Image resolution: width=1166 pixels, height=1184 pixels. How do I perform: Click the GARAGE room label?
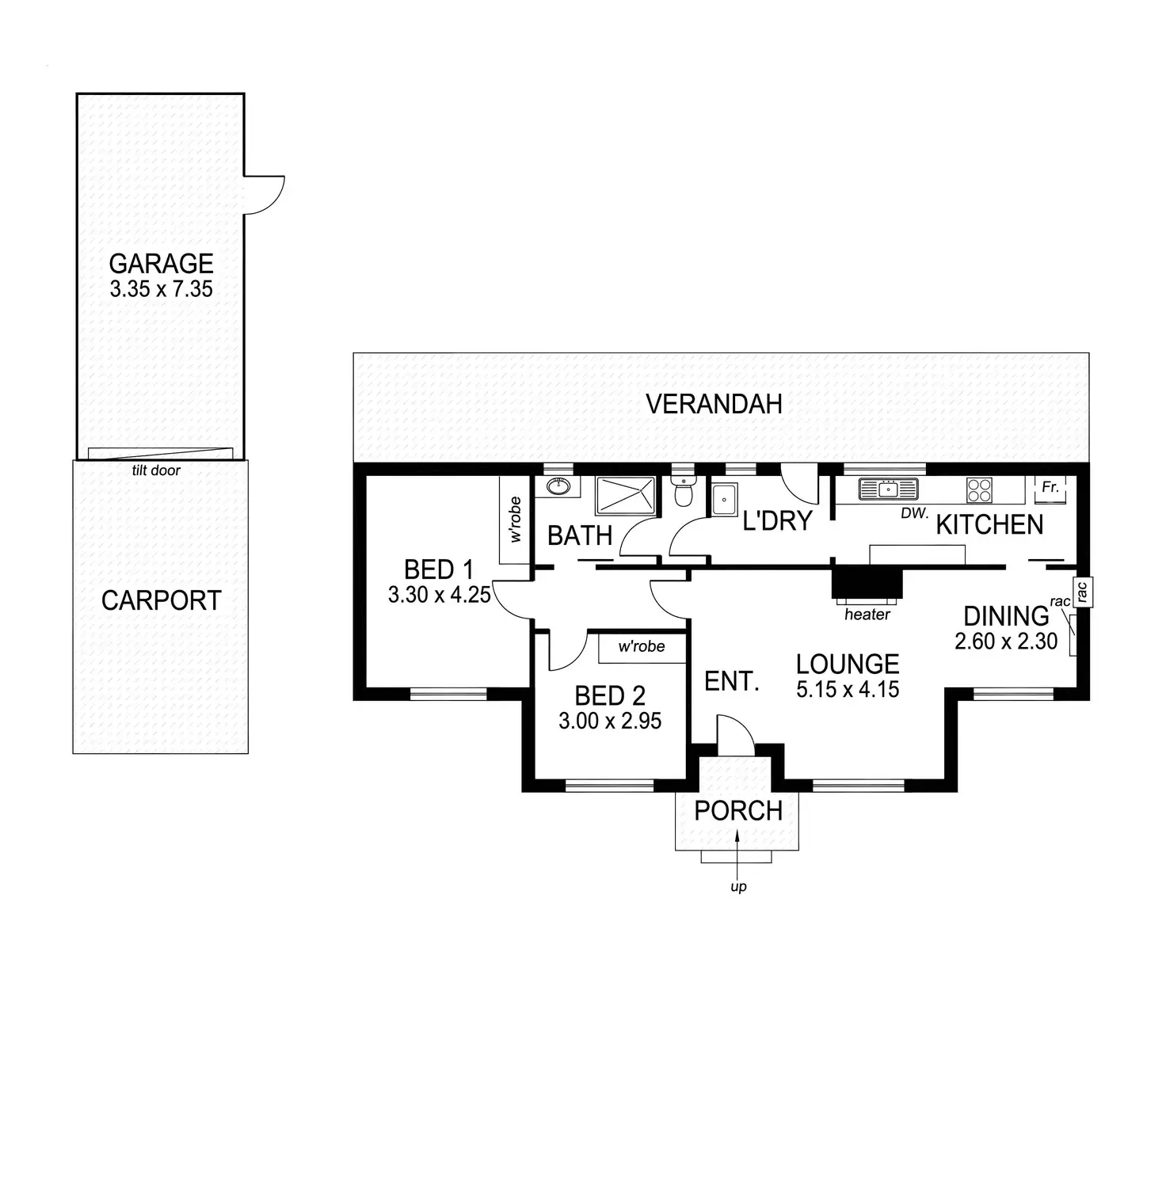pos(161,263)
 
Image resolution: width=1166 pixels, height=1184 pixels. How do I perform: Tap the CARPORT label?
pos(161,600)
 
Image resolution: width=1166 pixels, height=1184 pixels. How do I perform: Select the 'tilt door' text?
pos(156,470)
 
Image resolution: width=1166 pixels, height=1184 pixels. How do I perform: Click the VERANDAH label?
pos(714,404)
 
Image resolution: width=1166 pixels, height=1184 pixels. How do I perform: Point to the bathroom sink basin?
pos(559,486)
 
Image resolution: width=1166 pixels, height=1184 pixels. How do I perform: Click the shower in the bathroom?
pos(626,495)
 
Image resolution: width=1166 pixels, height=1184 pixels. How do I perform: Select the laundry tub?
pos(724,500)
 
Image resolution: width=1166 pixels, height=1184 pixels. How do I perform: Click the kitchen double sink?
pos(888,489)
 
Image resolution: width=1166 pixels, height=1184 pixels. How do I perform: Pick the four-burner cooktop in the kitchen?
pos(979,490)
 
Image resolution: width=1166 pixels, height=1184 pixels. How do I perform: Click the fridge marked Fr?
pos(1050,489)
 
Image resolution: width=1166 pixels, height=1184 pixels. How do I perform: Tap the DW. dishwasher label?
pos(914,513)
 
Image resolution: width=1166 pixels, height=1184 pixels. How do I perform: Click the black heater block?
pos(867,584)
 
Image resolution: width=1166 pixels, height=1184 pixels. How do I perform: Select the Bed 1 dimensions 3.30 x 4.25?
pos(440,595)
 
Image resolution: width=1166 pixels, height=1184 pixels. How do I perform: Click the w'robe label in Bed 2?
pos(642,646)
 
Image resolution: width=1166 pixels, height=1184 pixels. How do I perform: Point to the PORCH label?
pos(738,811)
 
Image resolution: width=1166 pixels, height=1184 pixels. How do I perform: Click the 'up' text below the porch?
pos(738,887)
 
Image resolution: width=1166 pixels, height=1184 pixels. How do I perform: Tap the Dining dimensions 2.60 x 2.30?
pos(1006,641)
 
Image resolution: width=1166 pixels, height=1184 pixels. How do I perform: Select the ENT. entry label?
pos(732,681)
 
